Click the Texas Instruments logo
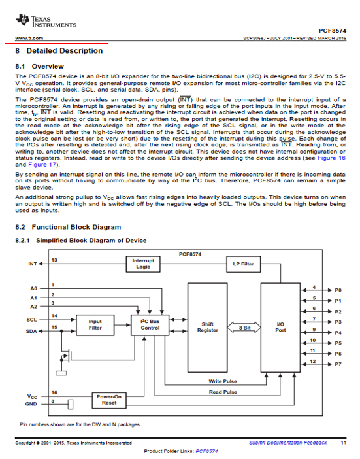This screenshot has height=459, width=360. [46, 21]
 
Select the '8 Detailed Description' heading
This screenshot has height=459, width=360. [59, 51]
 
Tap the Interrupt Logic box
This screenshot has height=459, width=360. [143, 263]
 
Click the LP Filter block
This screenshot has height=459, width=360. [243, 264]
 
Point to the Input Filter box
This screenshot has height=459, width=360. [95, 325]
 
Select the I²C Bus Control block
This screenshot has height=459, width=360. [150, 325]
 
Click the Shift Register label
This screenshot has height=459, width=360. [208, 327]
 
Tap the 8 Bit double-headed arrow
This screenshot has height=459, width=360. [244, 328]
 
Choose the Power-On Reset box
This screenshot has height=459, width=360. [109, 400]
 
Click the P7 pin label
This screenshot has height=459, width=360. [338, 364]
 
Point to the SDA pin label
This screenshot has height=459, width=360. [31, 331]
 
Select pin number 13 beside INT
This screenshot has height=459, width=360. [54, 260]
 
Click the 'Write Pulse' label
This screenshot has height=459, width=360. [223, 381]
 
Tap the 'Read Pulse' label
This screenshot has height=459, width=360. [223, 392]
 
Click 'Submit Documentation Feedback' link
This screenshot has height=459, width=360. [287, 443]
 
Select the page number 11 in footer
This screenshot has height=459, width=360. [344, 443]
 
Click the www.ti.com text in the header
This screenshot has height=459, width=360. [29, 38]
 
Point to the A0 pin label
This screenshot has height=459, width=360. [33, 288]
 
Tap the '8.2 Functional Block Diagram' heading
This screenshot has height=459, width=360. [68, 227]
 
